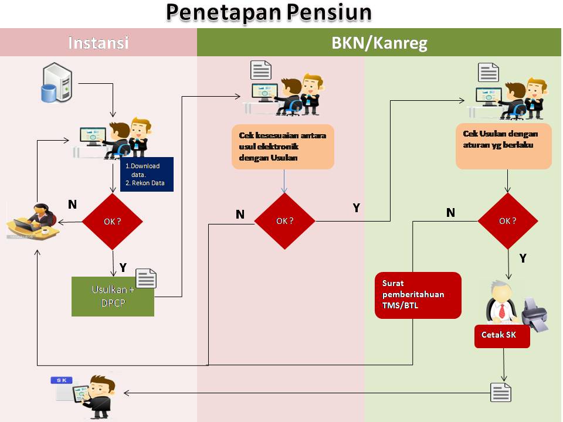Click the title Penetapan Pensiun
point(269,13)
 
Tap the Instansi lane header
point(98,43)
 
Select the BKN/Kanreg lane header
point(379,43)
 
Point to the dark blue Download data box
point(147,174)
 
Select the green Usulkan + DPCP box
point(113,297)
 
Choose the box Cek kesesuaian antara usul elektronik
point(283,147)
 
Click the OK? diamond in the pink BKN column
point(284,221)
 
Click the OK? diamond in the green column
point(507,221)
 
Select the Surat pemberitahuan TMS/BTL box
point(418,295)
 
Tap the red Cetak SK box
point(502,335)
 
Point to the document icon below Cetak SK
point(501,392)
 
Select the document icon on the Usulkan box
point(146,278)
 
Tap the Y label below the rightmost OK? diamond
point(523,258)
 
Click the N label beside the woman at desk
point(72,205)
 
